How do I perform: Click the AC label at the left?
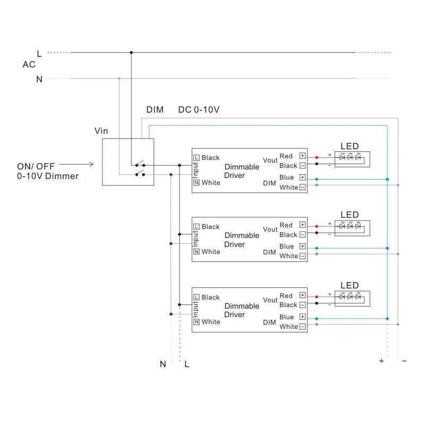[29, 65]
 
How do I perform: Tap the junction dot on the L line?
[131, 53]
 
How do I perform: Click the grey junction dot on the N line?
[119, 79]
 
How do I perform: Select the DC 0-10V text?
[199, 109]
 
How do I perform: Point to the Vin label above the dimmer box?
[101, 131]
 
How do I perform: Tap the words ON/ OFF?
[36, 166]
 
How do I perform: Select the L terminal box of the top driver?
[196, 158]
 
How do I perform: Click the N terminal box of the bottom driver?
[196, 322]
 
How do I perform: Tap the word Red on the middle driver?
[286, 225]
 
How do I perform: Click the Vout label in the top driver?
[270, 160]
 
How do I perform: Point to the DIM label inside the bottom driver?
[269, 322]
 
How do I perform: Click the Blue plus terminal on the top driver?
[303, 177]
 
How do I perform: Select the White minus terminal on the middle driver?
[303, 256]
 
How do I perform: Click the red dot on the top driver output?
[317, 157]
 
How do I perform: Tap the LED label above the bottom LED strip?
[350, 285]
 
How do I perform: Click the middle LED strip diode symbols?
[350, 226]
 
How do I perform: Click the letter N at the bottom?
[163, 364]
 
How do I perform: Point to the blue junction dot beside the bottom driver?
[387, 319]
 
